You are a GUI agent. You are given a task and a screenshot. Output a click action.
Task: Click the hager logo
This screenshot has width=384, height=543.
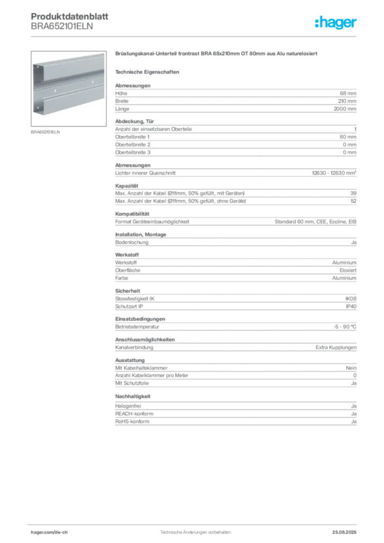coord(336,22)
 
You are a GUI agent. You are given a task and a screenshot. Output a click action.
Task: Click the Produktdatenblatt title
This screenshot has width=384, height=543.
coord(69,16)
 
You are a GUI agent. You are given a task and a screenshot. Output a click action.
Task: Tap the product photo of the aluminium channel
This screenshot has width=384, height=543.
coord(68,89)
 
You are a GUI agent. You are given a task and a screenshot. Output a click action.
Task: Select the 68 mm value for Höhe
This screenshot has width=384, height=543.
coord(348,93)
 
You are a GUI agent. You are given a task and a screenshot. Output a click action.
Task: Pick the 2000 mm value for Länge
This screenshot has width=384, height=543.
coord(345,109)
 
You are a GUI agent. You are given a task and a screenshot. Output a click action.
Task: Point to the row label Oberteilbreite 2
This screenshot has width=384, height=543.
coord(133,144)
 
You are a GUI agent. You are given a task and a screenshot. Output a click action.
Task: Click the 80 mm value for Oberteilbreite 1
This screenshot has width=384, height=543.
coord(348,137)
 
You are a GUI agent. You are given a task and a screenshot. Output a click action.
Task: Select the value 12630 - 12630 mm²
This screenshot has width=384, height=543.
coord(334,173)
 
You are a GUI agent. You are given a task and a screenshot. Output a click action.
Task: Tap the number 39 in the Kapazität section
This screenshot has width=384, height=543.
coord(353,193)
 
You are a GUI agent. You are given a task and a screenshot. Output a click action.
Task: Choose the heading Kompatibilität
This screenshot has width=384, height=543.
coord(132,214)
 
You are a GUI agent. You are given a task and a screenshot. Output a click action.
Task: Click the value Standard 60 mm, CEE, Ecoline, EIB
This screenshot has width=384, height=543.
coord(316,222)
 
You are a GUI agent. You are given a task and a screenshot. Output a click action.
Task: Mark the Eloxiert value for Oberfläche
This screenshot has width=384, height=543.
coord(348,270)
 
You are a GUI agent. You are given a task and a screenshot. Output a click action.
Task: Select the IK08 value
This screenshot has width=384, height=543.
coord(351,299)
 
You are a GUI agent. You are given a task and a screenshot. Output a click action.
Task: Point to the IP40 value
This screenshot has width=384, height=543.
coord(351,306)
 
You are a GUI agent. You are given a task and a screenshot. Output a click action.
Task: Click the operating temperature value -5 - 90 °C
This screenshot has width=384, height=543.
coord(345,327)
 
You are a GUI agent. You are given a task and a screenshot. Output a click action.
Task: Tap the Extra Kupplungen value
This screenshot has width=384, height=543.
coord(336,347)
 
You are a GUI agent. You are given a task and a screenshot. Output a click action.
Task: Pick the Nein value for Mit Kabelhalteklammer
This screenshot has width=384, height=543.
coord(351,368)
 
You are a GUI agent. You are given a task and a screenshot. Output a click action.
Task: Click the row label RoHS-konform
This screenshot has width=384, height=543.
coord(132,422)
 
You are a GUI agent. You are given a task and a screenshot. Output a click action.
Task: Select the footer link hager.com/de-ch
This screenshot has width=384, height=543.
coord(49,532)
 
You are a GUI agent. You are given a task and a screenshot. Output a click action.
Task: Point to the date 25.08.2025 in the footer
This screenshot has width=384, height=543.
coord(344,532)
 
